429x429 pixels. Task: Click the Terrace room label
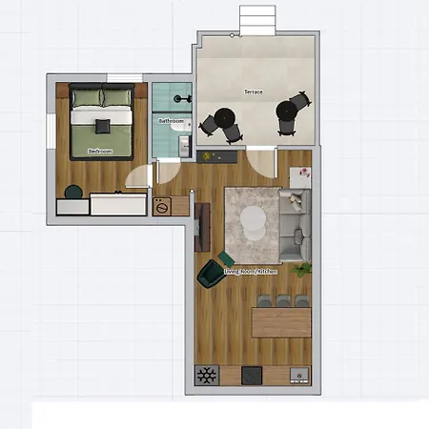254,92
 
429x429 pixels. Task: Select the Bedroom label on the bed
100,151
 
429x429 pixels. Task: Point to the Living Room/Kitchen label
252,272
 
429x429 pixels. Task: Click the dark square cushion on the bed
102,123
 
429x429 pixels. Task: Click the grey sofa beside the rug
295,226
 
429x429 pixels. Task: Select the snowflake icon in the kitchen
205,375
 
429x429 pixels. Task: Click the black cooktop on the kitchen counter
253,375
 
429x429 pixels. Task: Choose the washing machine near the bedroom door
162,205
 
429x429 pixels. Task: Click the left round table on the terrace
226,117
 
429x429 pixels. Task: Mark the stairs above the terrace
255,18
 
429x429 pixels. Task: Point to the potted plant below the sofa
303,271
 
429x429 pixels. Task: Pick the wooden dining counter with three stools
281,320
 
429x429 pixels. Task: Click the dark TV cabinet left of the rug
201,227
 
